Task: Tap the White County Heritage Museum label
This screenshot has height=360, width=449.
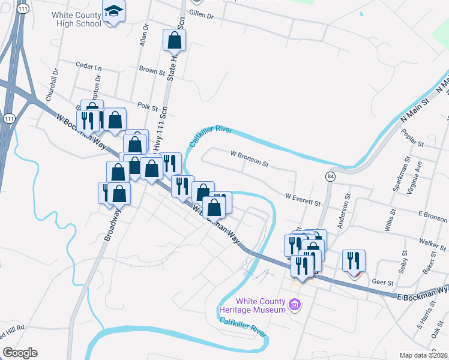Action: (261, 305)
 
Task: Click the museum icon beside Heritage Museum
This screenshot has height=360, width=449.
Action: (294, 305)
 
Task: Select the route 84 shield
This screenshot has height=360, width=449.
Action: (331, 176)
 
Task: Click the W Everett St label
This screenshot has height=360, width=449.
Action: (303, 199)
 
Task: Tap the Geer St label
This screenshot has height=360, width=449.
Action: (382, 282)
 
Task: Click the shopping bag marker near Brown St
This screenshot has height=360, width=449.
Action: (174, 40)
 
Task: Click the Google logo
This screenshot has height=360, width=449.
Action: (20, 353)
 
